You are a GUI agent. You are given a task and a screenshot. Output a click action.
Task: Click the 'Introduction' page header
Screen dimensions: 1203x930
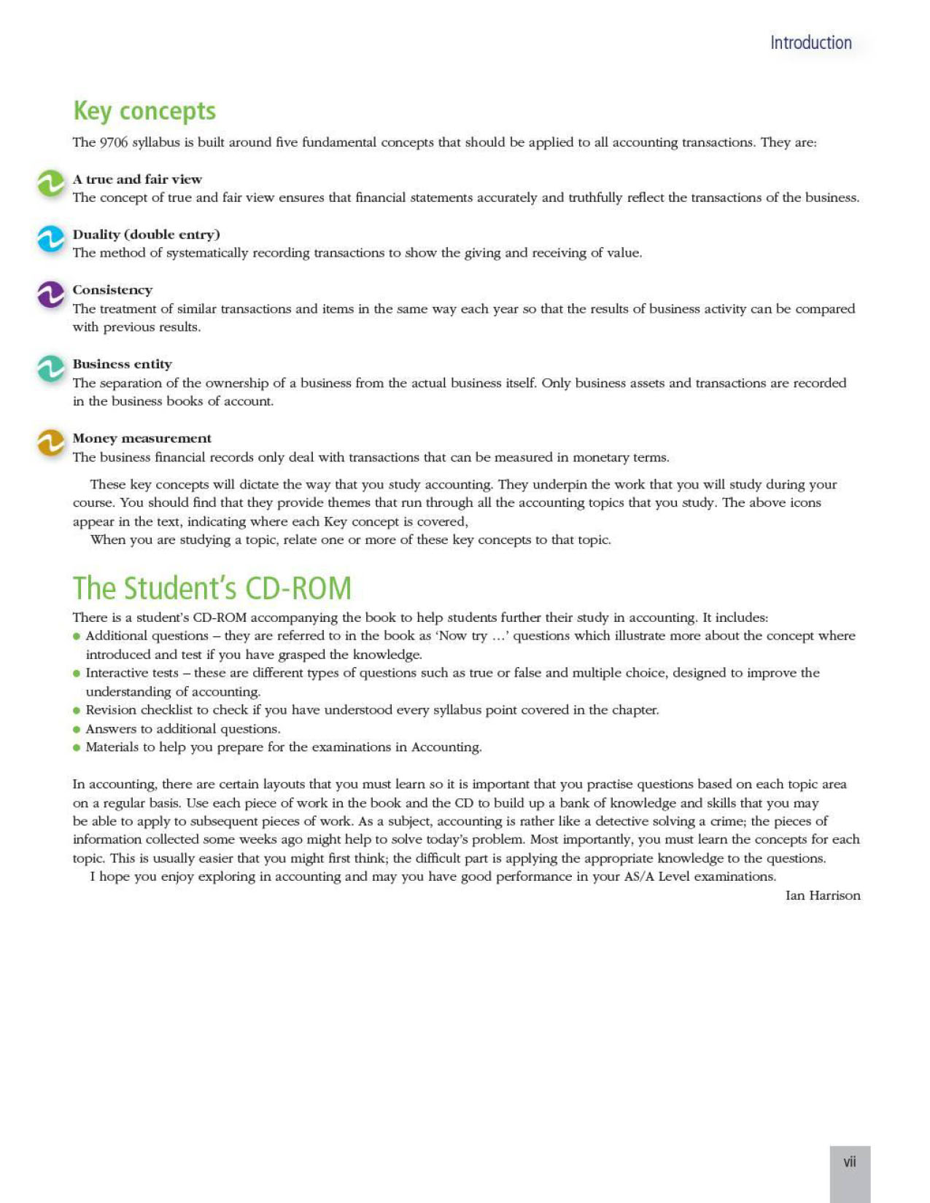(810, 43)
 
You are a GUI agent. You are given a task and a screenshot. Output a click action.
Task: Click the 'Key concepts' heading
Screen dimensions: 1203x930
(144, 111)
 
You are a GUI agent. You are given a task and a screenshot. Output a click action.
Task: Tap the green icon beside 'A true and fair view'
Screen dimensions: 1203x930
(51, 184)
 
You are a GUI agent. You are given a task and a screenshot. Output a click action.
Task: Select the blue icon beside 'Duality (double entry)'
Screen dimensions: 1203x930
(51, 238)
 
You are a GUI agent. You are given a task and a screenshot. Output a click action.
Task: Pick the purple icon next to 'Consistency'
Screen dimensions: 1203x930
(51, 295)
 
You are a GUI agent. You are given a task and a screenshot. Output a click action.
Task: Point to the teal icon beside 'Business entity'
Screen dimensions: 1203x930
(51, 369)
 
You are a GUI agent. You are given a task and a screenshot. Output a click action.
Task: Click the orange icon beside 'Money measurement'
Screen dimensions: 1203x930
(51, 443)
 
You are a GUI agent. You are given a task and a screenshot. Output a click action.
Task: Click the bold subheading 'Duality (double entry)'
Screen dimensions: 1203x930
(146, 235)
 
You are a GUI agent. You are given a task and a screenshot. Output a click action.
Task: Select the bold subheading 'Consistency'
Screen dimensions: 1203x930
(112, 290)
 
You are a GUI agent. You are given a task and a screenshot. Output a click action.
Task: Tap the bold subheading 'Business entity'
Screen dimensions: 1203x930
(122, 365)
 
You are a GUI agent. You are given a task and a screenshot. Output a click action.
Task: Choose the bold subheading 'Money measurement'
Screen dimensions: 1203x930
(142, 438)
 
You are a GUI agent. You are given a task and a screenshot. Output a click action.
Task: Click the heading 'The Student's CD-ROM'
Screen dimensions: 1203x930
(212, 588)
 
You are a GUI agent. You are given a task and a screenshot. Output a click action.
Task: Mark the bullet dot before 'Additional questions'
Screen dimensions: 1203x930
(77, 636)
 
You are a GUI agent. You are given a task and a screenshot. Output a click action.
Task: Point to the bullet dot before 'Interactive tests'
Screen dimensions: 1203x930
(77, 674)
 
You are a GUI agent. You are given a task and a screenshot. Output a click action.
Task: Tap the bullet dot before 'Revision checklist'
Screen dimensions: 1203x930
(77, 711)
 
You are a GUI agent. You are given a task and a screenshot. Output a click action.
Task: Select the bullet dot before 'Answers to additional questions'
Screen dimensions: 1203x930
(77, 729)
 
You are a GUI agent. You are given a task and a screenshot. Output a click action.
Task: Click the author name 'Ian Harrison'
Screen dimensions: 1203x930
(822, 895)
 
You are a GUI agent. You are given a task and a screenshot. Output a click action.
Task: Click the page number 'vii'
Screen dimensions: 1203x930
(850, 1162)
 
